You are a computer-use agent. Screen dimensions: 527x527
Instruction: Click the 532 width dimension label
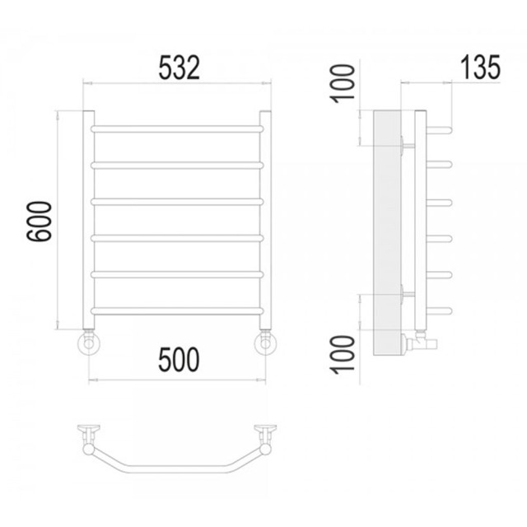click(x=179, y=68)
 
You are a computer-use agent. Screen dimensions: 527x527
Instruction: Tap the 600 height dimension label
click(x=40, y=221)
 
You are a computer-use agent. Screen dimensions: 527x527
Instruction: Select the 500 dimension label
click(x=179, y=360)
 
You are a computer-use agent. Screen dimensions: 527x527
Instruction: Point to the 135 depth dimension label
click(x=480, y=68)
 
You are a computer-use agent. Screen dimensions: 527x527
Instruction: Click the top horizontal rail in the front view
click(x=177, y=128)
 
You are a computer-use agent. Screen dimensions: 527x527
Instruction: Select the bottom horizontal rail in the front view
click(x=177, y=311)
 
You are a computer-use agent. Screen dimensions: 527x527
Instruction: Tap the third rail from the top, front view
click(x=177, y=202)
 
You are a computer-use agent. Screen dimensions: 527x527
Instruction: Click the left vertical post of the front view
click(x=89, y=220)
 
